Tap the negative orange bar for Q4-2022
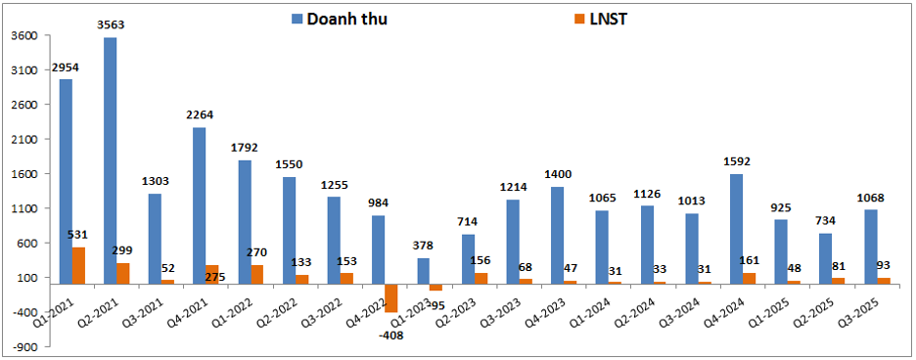coord(390,298)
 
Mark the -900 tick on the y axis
coord(25,346)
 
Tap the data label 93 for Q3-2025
coord(884,265)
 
